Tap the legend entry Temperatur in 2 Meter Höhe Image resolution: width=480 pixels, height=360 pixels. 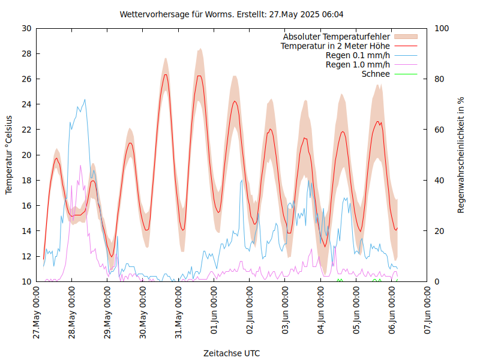[335, 46]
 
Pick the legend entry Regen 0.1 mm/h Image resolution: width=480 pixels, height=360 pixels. [358, 55]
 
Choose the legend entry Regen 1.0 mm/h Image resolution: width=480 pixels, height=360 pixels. [358, 65]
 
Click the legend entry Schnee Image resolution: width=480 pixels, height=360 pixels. [376, 74]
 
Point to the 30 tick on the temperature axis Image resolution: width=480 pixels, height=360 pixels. [26, 28]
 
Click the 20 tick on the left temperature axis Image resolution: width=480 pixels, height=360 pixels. [26, 155]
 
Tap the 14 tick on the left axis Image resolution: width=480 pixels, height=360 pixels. [26, 231]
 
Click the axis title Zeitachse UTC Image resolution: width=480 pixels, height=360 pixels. [232, 353]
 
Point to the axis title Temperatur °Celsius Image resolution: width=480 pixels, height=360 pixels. [9, 155]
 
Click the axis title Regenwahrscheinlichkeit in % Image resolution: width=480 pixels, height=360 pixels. [461, 155]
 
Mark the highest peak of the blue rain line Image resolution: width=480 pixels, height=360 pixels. [85, 100]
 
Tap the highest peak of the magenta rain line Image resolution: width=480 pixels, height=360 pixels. [80, 166]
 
